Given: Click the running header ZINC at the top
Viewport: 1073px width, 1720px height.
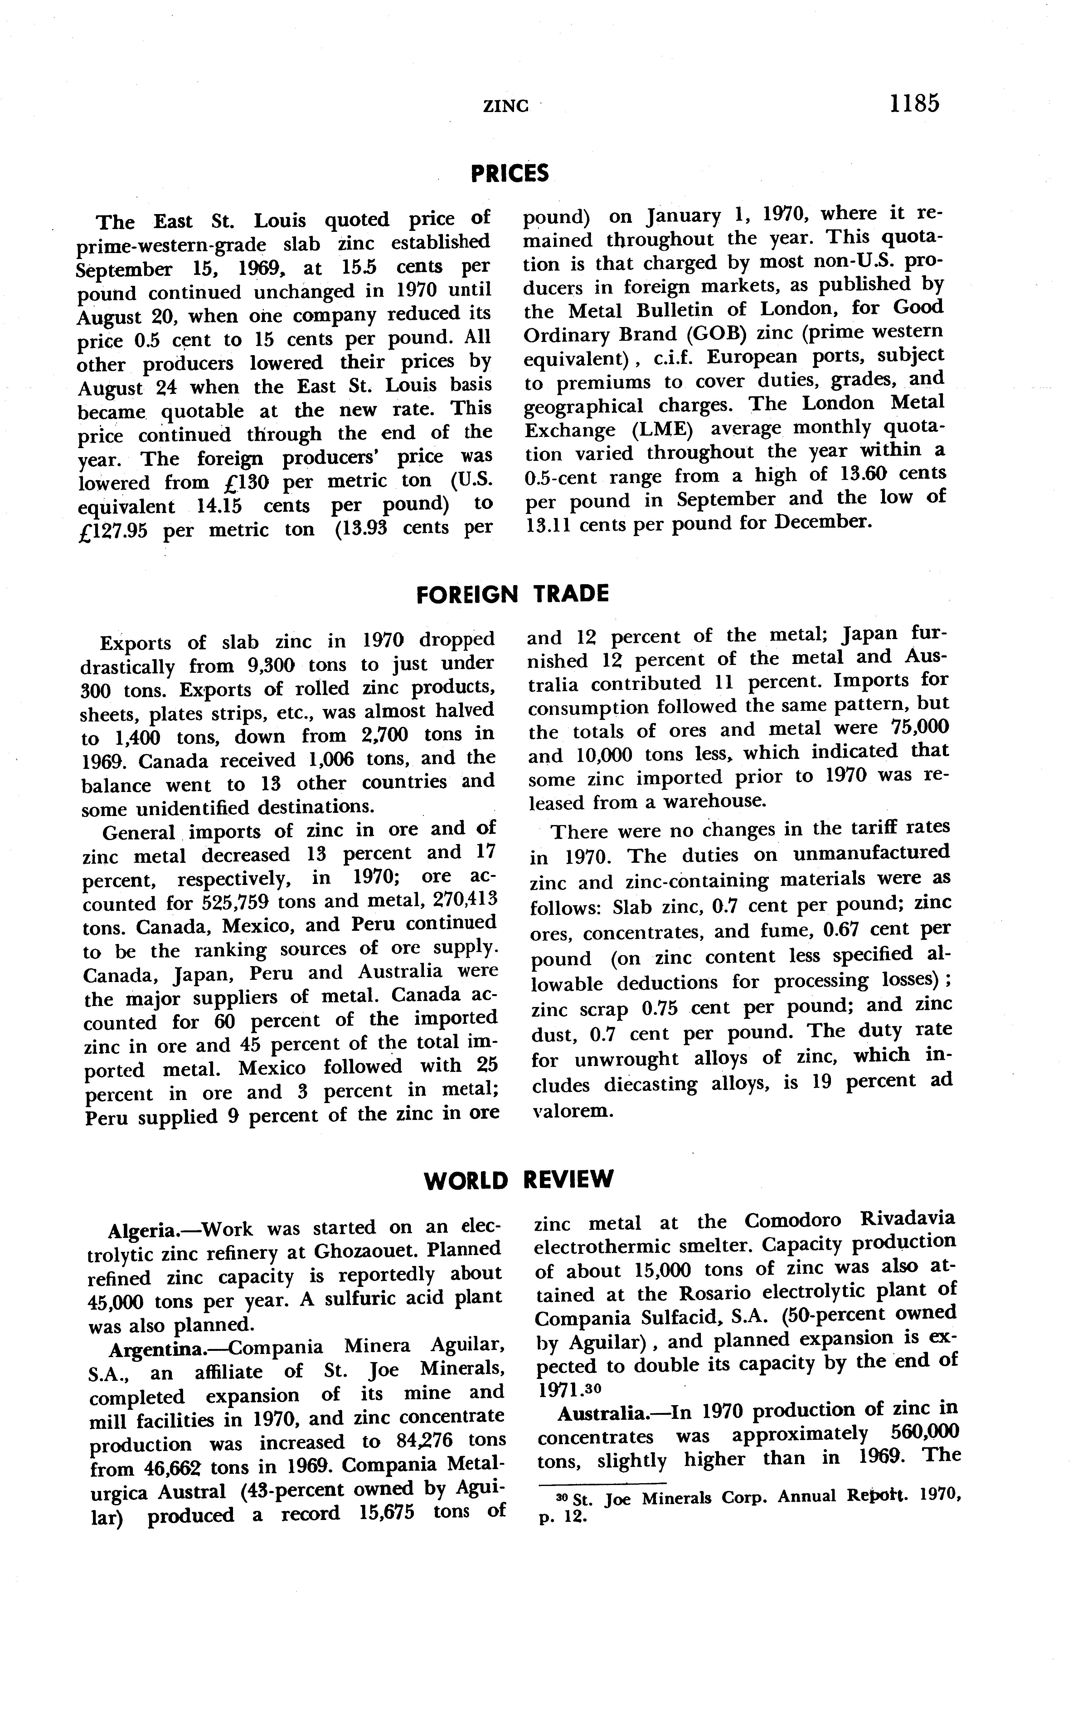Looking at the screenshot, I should click(506, 106).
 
